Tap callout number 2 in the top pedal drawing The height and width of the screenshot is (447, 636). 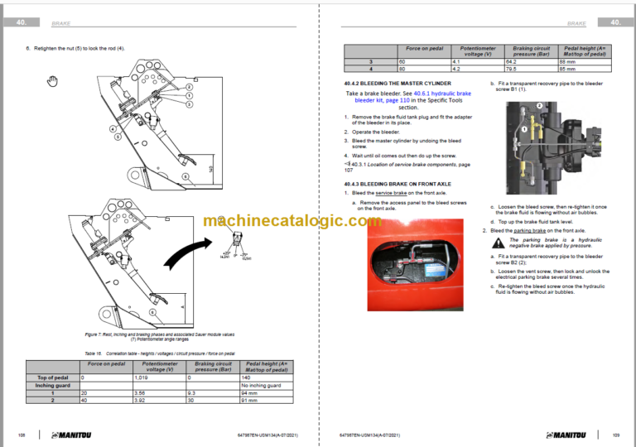[x=189, y=86]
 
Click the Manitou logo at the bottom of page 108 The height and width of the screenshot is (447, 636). [x=75, y=435]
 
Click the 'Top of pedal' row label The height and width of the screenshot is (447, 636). [x=52, y=377]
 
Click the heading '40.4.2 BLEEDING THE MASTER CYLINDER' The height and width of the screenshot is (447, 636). [x=397, y=84]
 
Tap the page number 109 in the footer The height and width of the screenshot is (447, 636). [x=615, y=435]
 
